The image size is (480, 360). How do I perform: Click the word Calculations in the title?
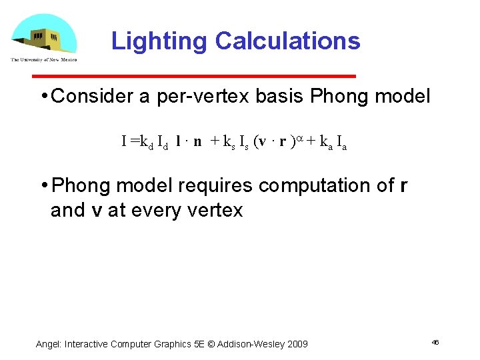click(287, 41)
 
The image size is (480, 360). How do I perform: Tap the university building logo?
click(44, 37)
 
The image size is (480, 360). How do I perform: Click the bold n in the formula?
click(197, 141)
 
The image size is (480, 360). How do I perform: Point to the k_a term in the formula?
click(325, 142)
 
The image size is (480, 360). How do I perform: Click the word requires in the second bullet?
click(217, 185)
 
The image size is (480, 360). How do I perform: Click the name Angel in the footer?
click(49, 344)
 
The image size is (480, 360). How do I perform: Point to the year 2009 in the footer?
click(296, 344)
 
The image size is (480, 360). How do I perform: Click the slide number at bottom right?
click(435, 342)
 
